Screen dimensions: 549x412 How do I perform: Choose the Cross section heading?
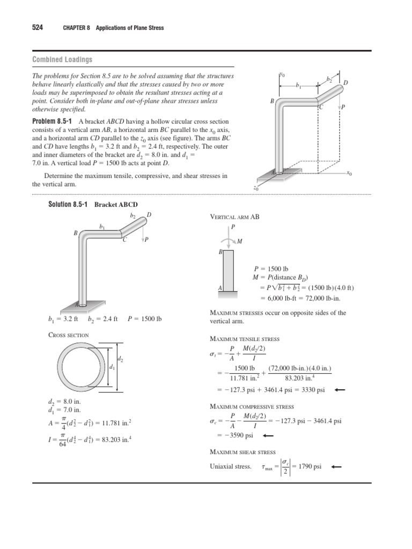[69, 335]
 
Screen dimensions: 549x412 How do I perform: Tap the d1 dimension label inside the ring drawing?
[112, 368]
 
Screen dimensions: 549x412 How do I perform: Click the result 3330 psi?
[312, 390]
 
